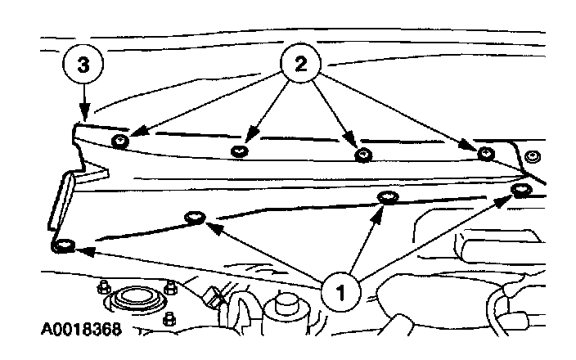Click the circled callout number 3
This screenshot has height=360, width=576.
(82, 67)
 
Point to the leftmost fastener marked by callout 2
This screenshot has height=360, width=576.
(120, 142)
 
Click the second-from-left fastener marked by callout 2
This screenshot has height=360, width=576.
(240, 151)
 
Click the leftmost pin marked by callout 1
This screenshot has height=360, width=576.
(64, 245)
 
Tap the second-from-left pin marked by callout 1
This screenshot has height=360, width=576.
(195, 218)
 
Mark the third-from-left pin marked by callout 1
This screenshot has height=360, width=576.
(387, 197)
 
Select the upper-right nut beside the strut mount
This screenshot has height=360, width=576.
(170, 288)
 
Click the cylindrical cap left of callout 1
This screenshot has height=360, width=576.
(286, 308)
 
